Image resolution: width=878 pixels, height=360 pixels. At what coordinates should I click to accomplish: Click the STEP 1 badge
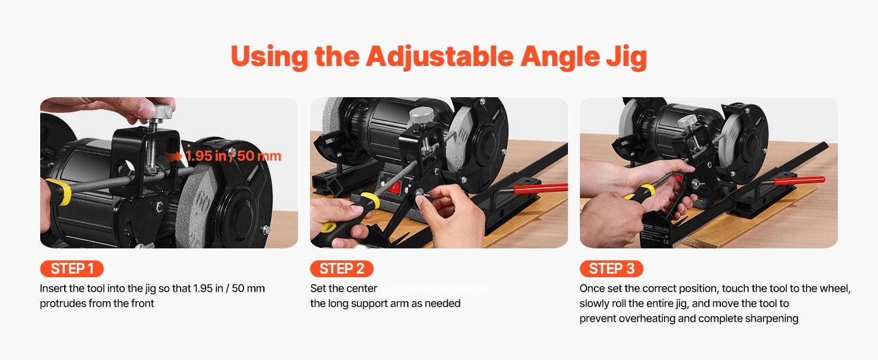point(71,268)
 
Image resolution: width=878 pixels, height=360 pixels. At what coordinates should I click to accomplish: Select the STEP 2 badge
point(341,268)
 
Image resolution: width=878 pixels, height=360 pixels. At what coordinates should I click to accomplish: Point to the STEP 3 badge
point(611,268)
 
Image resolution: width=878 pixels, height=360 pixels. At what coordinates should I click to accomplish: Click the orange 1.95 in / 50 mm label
point(233,156)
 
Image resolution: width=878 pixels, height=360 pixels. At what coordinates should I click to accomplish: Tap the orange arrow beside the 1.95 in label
point(176,156)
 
